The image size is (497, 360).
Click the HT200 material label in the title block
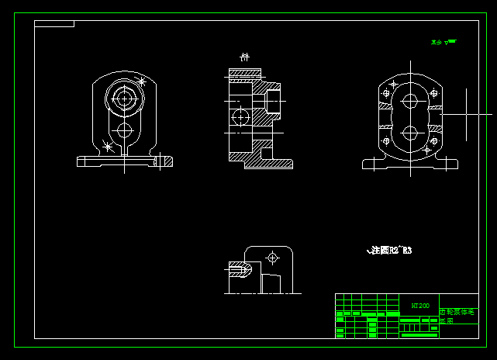pos(419,306)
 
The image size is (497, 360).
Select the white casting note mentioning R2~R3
pos(389,251)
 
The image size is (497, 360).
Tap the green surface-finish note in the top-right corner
pos(444,42)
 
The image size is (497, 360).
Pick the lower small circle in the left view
pos(124,130)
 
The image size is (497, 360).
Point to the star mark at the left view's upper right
pos(141,81)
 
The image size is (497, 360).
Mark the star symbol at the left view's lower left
pos(108,145)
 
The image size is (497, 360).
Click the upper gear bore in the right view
pos(410,101)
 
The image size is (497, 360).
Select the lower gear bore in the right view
pos(410,132)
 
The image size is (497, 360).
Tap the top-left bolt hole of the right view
pos(386,93)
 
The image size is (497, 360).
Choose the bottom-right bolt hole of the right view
pos(434,141)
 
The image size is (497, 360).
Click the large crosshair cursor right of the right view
pos(467,114)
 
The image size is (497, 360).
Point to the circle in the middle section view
pos(240,116)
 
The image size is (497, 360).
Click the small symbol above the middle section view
pos(244,57)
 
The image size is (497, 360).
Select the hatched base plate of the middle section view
pos(268,164)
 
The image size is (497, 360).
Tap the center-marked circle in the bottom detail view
pos(272,257)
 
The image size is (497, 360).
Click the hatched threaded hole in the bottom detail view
pos(240,270)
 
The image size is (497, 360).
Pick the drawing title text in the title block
pos(457,315)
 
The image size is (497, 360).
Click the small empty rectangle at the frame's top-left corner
pos(54,24)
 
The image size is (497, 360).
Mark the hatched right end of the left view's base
pos(163,161)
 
